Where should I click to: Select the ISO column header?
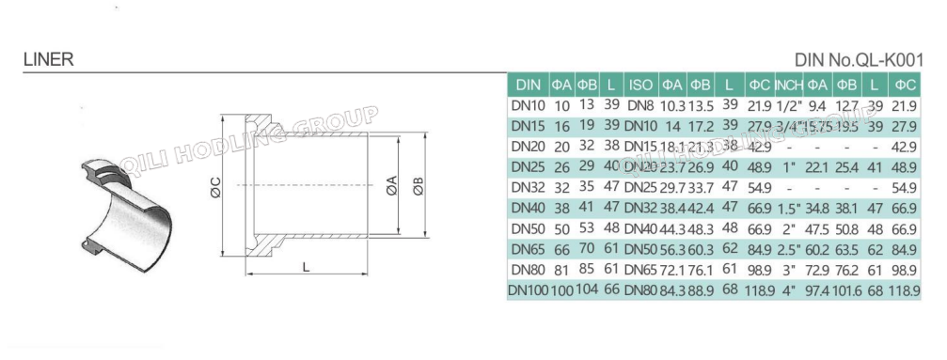(639, 84)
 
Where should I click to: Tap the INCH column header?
(787, 84)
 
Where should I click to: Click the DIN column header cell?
(528, 84)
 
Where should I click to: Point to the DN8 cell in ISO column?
(639, 104)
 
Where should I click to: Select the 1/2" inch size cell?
(787, 104)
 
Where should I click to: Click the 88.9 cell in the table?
(701, 291)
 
